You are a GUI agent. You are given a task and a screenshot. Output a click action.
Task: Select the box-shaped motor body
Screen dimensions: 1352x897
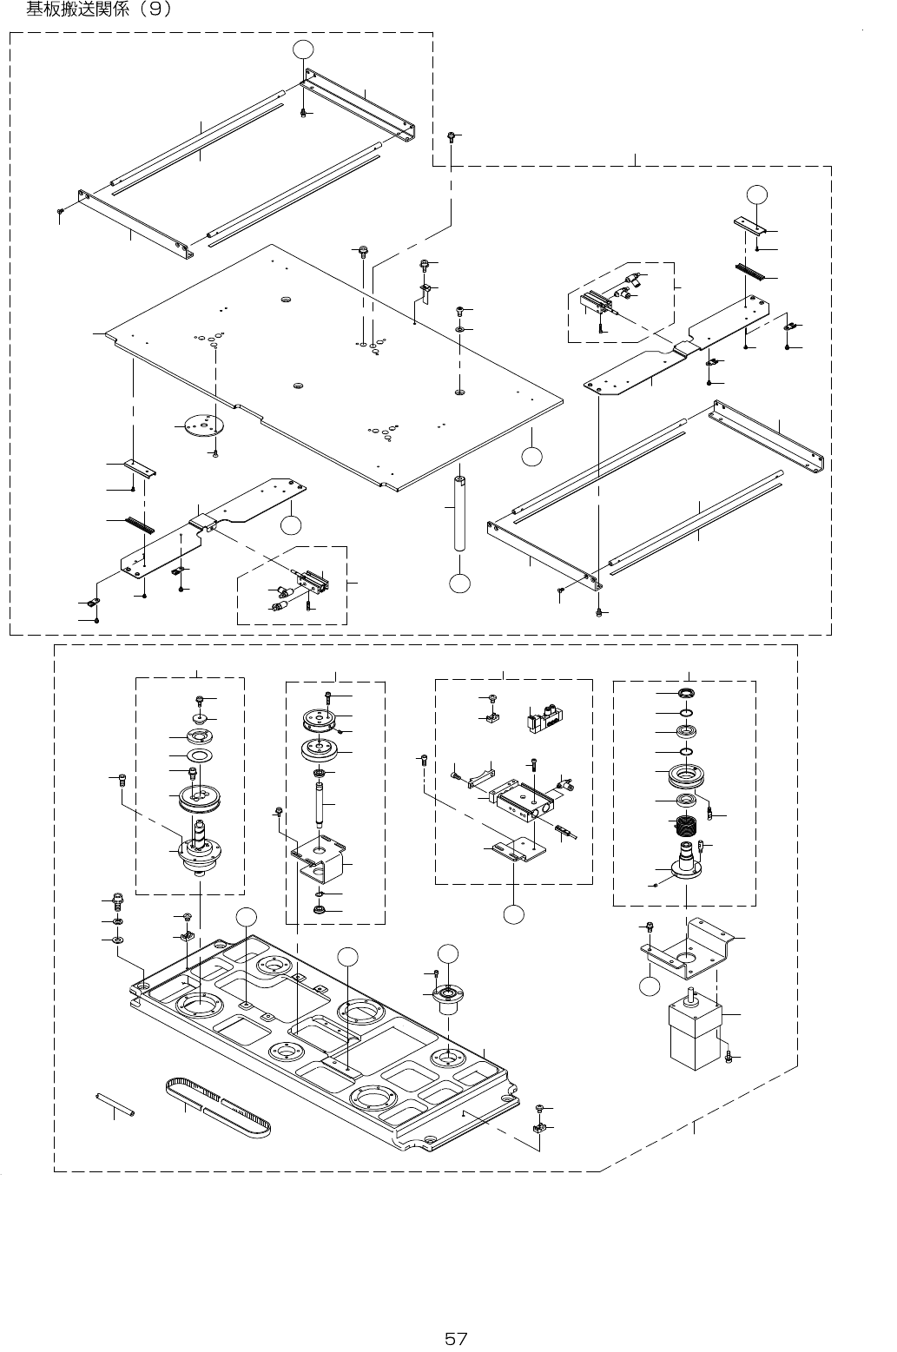coord(695,1034)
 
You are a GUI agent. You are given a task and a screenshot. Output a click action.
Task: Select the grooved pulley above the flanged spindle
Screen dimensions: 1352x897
coord(198,797)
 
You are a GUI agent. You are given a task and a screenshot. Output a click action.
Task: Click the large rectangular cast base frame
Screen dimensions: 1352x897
coord(330,1042)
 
